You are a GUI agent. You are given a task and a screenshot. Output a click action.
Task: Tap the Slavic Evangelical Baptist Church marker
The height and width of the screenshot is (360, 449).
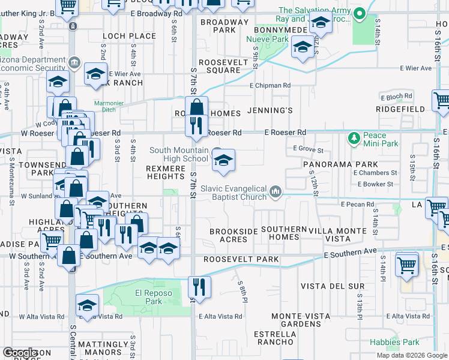276,191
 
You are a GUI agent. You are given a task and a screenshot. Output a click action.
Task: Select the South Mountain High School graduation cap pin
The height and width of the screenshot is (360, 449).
223,160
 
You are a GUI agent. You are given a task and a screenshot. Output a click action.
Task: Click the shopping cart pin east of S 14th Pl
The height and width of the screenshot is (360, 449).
407,263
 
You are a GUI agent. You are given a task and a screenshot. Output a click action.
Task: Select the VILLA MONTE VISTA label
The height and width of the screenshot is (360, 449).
337,235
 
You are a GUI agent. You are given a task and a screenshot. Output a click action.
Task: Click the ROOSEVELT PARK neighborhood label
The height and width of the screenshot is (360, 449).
241,259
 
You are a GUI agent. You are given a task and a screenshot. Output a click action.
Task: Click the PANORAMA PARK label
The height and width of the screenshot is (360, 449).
340,164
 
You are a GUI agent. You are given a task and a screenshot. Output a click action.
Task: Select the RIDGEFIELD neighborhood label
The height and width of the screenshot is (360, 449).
400,109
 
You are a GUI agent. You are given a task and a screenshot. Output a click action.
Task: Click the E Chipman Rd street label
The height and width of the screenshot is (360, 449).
270,86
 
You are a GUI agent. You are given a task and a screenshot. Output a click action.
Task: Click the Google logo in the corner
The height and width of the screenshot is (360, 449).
21,352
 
